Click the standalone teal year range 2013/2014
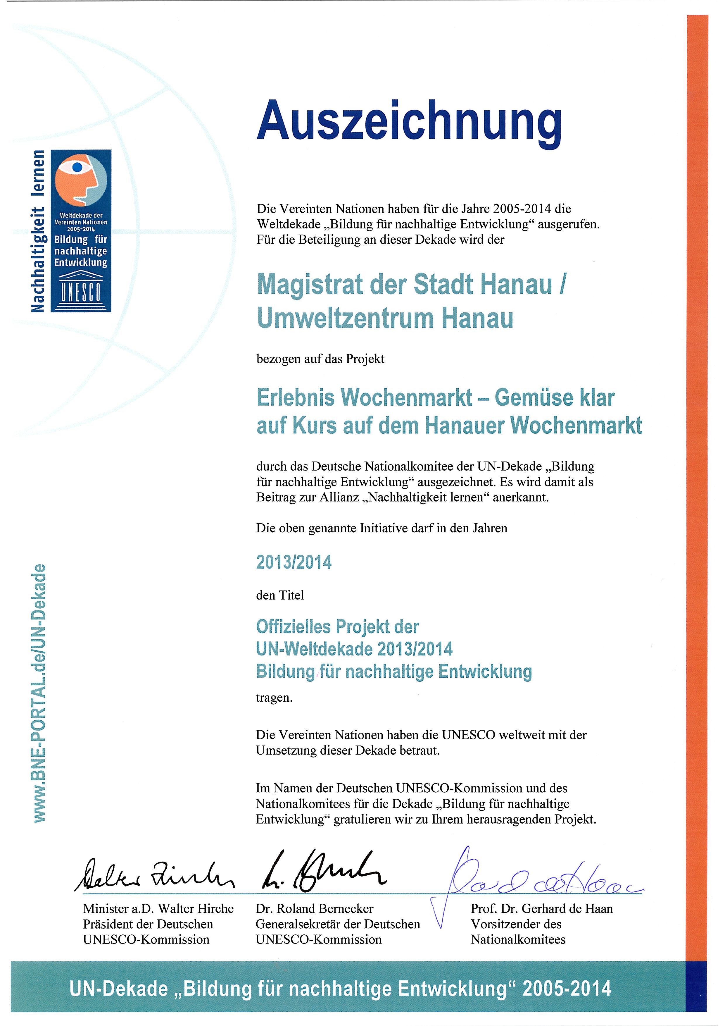pyautogui.click(x=294, y=562)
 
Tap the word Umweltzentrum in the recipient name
pyautogui.click(x=346, y=318)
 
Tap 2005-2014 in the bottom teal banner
pyautogui.click(x=567, y=989)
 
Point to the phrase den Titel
pyautogui.click(x=280, y=595)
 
